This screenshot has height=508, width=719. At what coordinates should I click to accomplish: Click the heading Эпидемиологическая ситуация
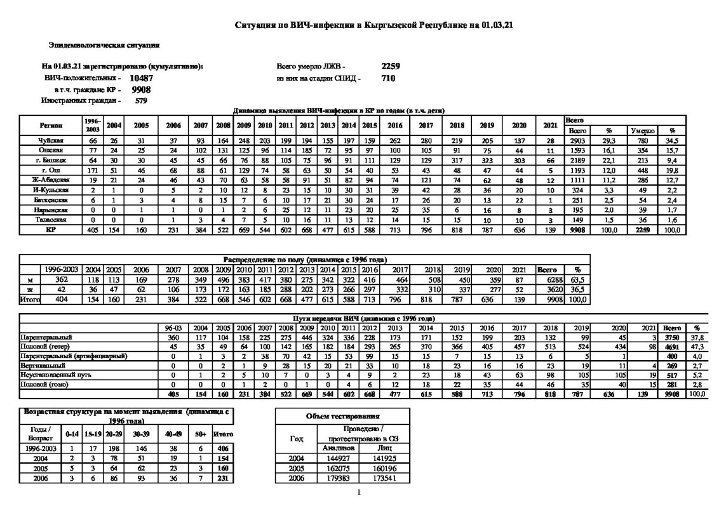[x=104, y=46]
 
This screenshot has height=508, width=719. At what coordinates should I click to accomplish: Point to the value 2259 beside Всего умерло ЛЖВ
[x=391, y=66]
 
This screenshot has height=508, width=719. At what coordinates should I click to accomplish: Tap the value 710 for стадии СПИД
[x=388, y=78]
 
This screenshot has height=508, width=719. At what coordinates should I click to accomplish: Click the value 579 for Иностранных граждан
[x=141, y=100]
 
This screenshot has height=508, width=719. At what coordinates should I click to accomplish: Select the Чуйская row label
[x=51, y=140]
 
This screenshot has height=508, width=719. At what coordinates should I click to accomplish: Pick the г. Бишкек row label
[x=51, y=162]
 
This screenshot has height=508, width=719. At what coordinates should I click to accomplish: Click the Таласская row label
[x=51, y=219]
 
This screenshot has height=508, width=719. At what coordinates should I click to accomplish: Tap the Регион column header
[x=51, y=125]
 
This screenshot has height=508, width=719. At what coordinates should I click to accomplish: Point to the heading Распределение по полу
[x=305, y=260]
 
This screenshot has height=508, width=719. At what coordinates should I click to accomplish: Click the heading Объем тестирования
[x=343, y=417]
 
